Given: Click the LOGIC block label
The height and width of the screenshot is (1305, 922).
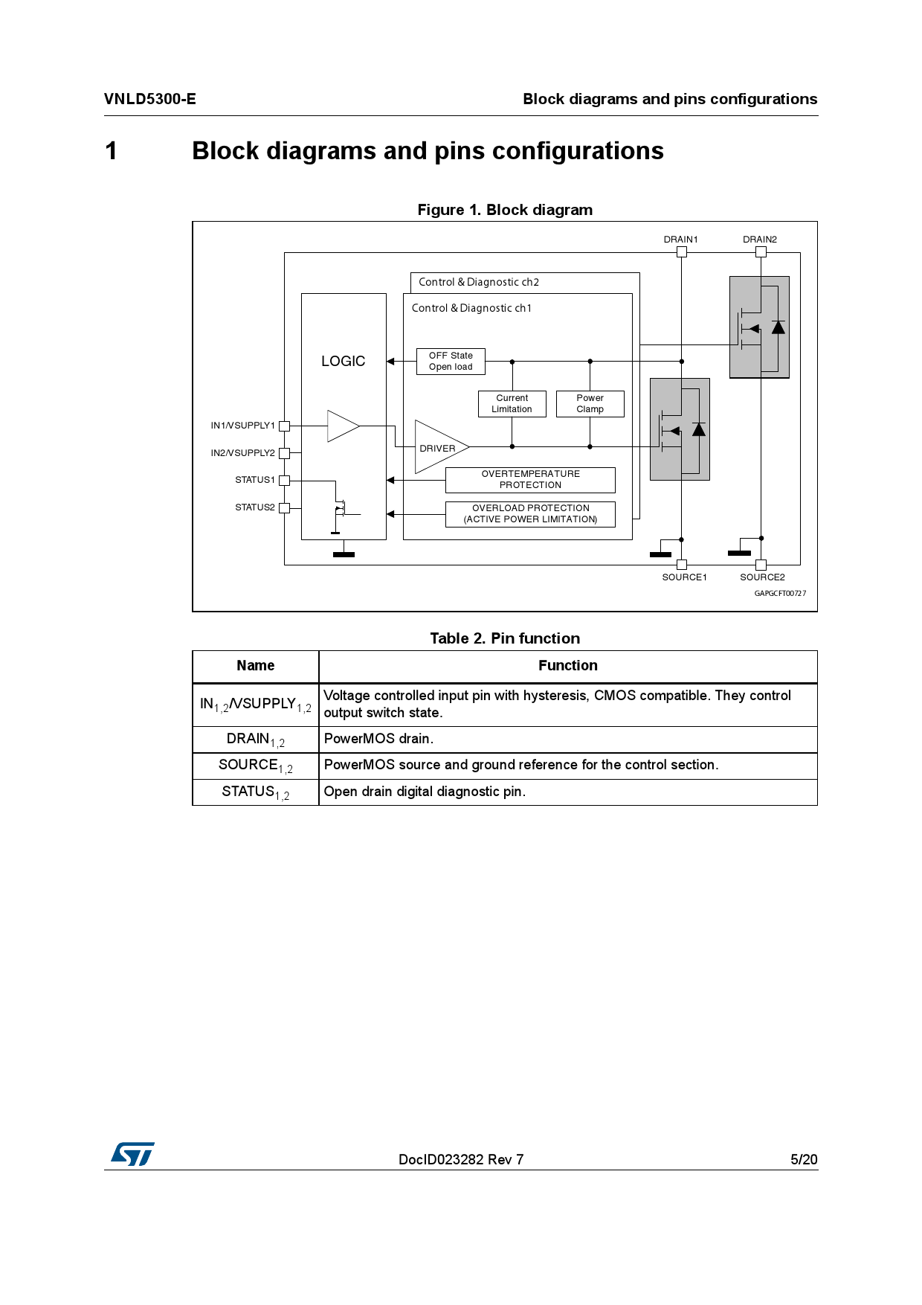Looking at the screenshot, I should [x=343, y=361].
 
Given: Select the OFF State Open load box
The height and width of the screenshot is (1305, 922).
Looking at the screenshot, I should [x=451, y=362].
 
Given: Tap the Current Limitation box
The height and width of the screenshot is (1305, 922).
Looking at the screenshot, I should [x=512, y=404].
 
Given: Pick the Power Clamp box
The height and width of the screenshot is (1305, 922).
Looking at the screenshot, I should [x=590, y=404].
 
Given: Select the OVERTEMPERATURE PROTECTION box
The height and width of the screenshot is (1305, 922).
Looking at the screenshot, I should [x=530, y=480].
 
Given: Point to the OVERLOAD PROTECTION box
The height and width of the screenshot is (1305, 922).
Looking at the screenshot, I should [x=530, y=514].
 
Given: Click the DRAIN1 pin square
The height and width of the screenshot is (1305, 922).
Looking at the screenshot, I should [x=682, y=252].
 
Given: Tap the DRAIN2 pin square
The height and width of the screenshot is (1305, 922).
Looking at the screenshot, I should [x=761, y=252].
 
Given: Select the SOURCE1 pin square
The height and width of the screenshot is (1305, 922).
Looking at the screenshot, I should [x=682, y=565].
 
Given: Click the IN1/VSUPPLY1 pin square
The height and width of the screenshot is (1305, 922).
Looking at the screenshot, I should [x=284, y=426].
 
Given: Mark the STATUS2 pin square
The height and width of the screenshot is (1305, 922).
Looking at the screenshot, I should [x=284, y=508].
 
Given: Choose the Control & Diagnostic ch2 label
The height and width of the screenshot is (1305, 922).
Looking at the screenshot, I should [x=479, y=283].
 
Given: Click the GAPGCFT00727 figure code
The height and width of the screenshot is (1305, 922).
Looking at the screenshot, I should [x=780, y=594].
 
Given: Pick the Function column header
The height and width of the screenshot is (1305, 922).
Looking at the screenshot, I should [x=568, y=666].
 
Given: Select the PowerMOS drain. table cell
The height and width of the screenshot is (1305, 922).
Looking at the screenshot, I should [x=378, y=739].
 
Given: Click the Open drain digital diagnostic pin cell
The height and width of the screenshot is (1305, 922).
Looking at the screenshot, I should [x=425, y=792].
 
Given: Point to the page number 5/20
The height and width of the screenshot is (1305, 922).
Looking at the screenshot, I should [x=804, y=1159].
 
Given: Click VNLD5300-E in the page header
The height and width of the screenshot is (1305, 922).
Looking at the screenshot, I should [x=150, y=99].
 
